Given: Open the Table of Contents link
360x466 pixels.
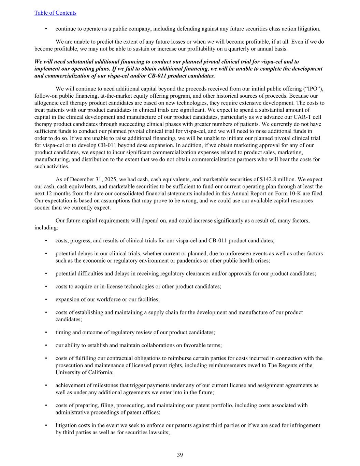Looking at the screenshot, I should tap(55, 13).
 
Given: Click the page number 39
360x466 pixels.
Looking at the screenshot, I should tap(180, 455).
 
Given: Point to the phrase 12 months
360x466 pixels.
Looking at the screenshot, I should tap(48, 194).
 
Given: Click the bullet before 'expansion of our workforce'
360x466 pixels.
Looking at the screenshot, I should tap(46, 299).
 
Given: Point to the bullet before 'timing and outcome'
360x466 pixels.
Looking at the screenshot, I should tap(46, 333).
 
